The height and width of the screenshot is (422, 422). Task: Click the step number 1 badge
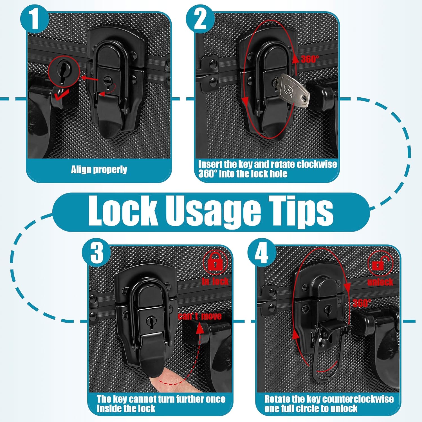point(35,19)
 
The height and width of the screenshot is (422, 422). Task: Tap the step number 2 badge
point(200,19)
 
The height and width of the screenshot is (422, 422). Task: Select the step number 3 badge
point(97,252)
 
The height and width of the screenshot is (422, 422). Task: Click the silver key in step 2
point(294,90)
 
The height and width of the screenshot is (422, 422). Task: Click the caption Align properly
point(99,170)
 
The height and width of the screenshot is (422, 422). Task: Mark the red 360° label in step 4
point(362,303)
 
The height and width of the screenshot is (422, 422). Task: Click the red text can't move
point(200,316)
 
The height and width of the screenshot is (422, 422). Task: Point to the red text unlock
point(380,282)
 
